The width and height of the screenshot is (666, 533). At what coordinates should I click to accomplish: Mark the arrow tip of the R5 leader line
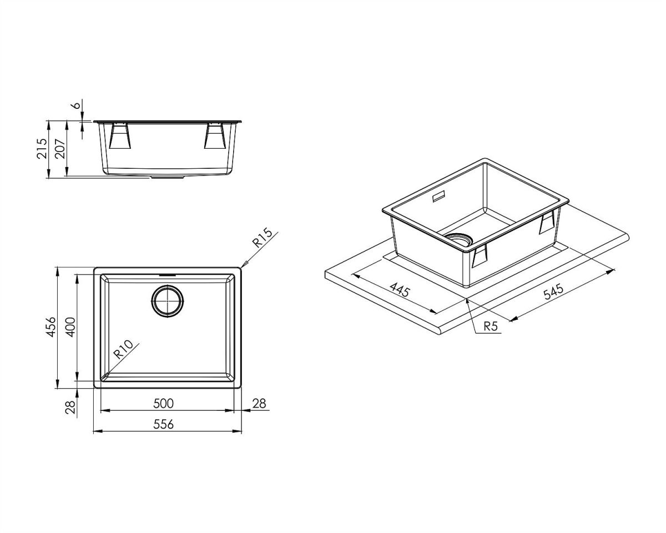(468, 299)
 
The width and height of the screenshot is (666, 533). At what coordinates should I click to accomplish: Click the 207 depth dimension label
(60, 149)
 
